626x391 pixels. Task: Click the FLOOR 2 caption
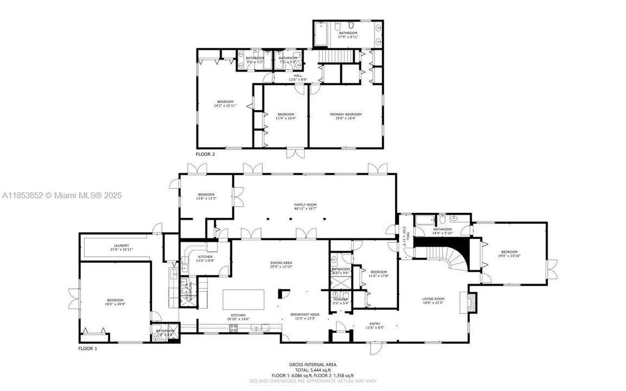[205, 154]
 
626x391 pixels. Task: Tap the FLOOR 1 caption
[87, 348]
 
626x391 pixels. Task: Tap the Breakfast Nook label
[305, 316]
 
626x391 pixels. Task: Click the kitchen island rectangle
[244, 299]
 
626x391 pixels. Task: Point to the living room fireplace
[470, 302]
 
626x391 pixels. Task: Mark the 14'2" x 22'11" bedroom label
[225, 104]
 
